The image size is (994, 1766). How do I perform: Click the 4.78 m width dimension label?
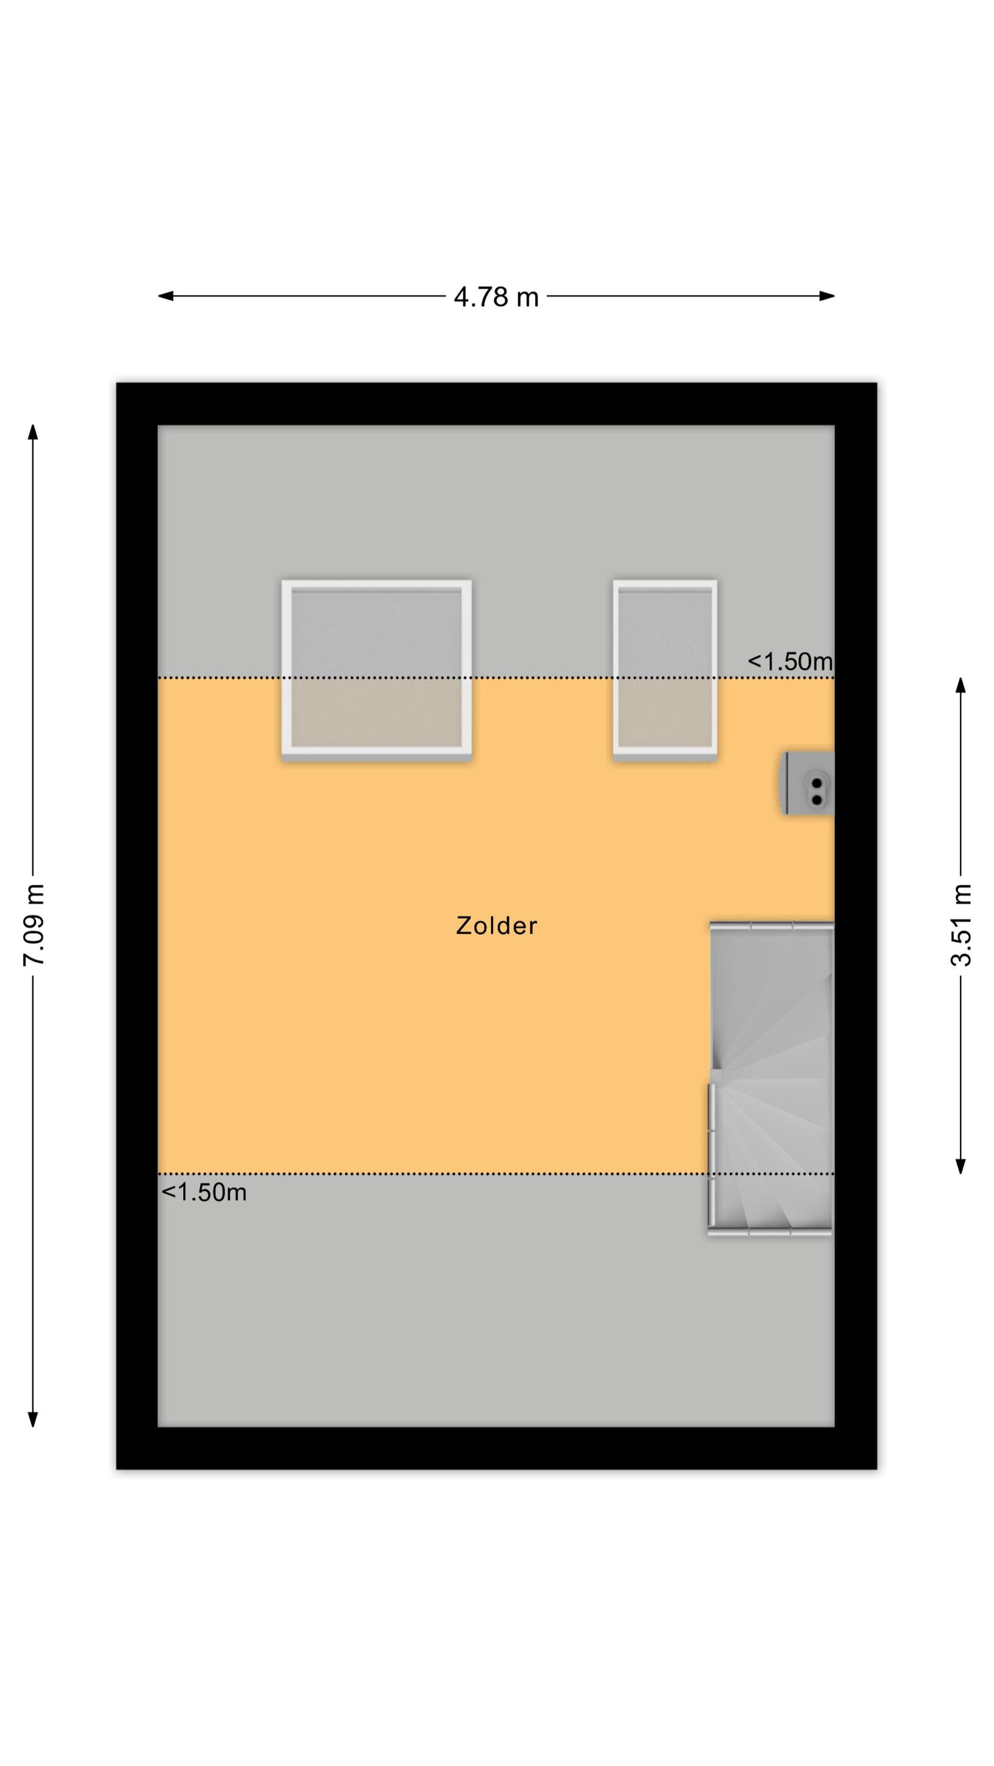496,297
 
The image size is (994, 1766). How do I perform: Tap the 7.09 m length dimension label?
34,925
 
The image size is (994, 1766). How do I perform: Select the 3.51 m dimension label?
961,925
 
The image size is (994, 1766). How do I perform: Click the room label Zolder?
496,925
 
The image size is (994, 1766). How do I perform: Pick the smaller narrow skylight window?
665,670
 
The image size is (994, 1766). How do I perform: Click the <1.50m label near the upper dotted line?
790,662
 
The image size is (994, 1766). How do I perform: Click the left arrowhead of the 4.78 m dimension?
165,296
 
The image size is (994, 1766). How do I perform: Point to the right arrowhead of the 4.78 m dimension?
827,296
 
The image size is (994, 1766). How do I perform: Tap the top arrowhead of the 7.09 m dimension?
33,432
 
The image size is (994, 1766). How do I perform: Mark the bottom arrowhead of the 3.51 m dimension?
961,1166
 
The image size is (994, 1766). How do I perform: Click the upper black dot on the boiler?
816,782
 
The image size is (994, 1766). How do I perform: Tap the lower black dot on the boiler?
816,799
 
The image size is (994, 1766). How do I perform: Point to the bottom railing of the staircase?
770,1232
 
